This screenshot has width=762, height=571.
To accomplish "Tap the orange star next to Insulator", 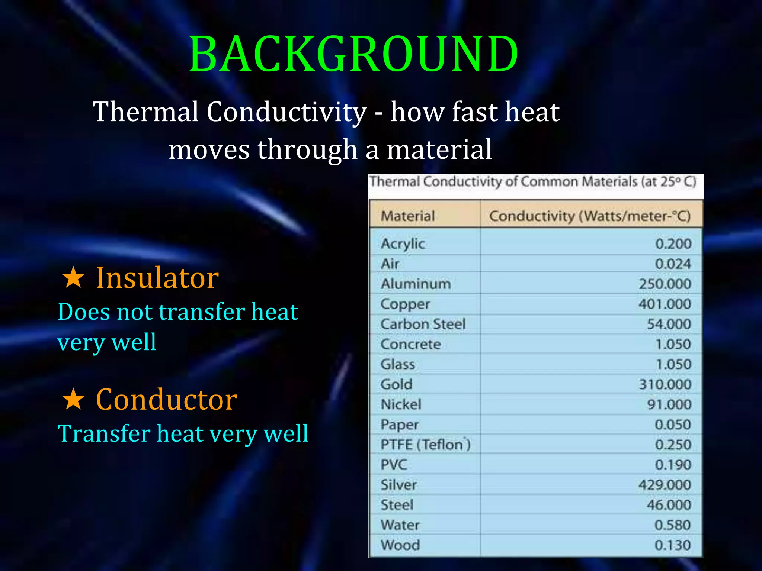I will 73,278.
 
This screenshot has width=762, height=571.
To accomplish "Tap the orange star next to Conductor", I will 73,399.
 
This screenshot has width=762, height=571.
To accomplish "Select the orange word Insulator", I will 157,278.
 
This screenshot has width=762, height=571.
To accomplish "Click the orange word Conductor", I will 166,399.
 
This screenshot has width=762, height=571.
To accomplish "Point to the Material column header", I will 408,216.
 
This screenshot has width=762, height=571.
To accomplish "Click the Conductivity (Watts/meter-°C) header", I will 590,216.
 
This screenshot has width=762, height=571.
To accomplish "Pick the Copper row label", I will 405,304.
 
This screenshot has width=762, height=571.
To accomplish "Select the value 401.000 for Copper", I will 665,304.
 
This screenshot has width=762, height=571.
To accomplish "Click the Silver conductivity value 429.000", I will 665,485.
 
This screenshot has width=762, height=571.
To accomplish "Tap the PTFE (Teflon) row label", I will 425,445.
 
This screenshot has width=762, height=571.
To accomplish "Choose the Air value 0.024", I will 673,264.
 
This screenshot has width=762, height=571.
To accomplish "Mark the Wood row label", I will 400,545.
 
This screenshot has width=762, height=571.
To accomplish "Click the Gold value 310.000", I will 665,384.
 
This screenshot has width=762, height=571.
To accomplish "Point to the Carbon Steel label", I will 423,324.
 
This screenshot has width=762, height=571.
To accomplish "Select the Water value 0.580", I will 673,525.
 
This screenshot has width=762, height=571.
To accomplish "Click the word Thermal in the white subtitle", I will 145,112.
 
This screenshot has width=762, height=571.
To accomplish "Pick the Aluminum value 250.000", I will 665,284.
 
